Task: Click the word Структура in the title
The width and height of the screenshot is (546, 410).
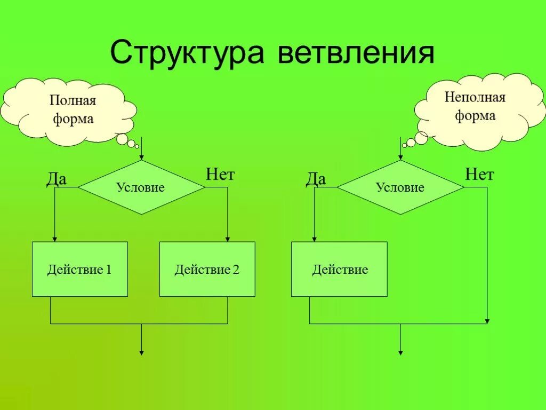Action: click(x=187, y=53)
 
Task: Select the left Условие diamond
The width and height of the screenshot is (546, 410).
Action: click(x=141, y=187)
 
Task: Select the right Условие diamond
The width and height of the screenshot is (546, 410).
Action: click(x=400, y=187)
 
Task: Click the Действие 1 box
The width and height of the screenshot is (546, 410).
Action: click(x=80, y=269)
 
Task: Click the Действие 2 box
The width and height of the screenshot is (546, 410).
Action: click(x=207, y=269)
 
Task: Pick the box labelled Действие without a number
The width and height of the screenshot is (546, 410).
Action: click(x=339, y=269)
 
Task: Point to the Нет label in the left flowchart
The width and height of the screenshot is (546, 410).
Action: click(x=220, y=175)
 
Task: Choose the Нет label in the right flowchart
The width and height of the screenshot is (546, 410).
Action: click(x=479, y=175)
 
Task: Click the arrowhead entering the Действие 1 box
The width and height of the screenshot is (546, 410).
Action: click(x=54, y=239)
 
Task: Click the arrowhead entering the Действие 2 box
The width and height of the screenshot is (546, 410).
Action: click(x=228, y=239)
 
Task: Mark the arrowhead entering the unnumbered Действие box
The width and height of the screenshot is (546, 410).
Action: click(x=314, y=239)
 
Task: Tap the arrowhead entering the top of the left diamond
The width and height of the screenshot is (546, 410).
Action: click(x=141, y=157)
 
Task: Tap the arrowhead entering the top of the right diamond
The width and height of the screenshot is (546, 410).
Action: click(x=400, y=157)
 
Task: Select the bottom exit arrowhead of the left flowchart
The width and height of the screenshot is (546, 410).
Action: click(x=141, y=352)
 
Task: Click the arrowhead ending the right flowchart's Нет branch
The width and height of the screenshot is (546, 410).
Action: click(x=487, y=321)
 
